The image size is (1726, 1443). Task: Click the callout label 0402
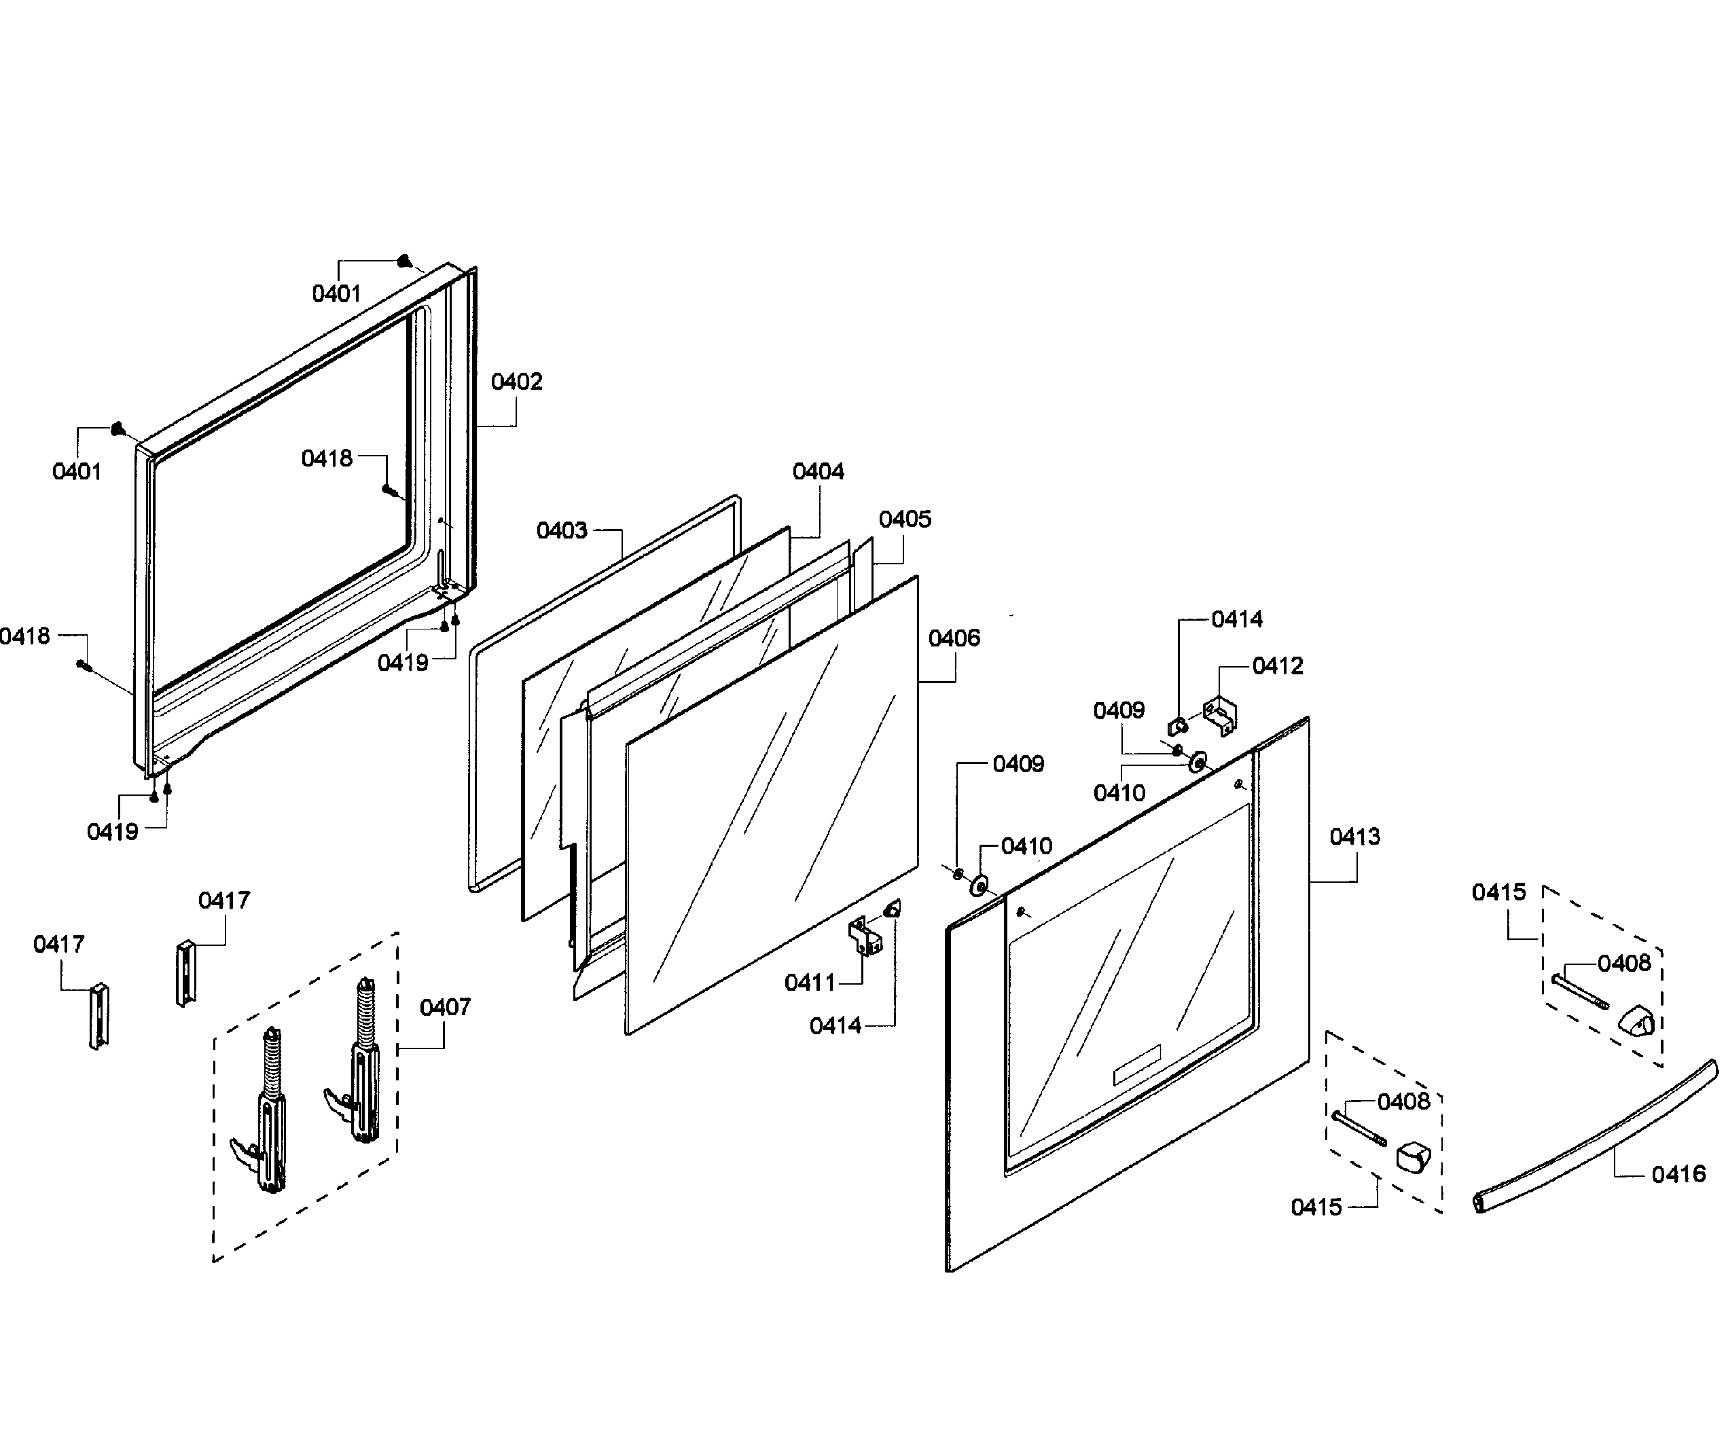pyautogui.click(x=516, y=382)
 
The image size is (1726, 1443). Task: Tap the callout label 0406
pyautogui.click(x=954, y=638)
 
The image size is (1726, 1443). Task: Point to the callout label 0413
pyautogui.click(x=1354, y=837)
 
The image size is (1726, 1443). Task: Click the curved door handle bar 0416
pyautogui.click(x=1594, y=1139)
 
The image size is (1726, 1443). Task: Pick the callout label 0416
pyautogui.click(x=1678, y=1175)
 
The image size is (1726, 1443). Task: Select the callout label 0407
pyautogui.click(x=445, y=1008)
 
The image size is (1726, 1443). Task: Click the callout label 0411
pyautogui.click(x=809, y=983)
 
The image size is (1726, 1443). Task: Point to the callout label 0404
pyautogui.click(x=818, y=472)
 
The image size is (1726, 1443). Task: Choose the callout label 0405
pyautogui.click(x=904, y=519)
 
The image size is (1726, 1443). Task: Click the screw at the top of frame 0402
pyautogui.click(x=403, y=261)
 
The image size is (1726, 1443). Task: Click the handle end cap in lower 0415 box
pyautogui.click(x=1412, y=1158)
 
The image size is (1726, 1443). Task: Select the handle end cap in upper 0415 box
pyautogui.click(x=1636, y=1023)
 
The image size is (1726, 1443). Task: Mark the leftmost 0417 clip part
pyautogui.click(x=98, y=1016)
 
